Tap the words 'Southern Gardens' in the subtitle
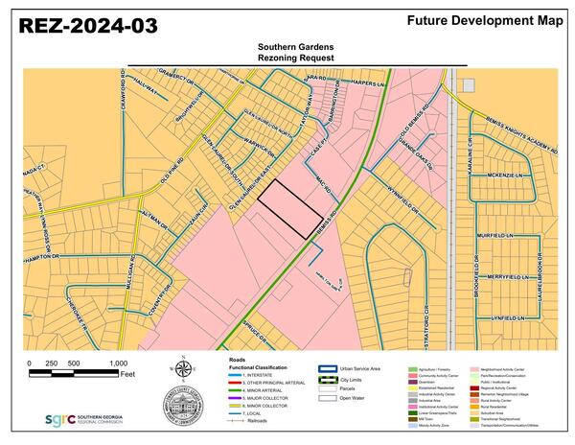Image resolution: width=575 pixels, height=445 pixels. [x=297, y=46]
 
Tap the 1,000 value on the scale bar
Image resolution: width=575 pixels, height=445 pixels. [x=118, y=364]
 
